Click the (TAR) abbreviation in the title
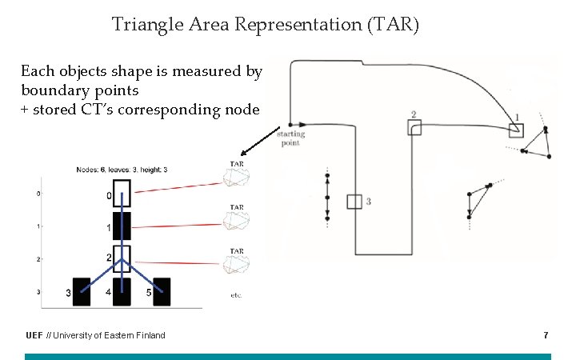point(392,26)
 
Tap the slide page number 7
point(546,334)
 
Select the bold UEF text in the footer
point(34,335)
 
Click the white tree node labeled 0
point(122,193)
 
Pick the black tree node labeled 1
point(122,226)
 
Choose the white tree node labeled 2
point(122,258)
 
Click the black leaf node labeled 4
point(122,291)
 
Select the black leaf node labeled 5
point(162,291)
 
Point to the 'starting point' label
point(290,138)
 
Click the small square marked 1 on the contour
point(515,128)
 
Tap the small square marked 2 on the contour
point(414,127)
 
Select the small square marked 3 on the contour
point(354,202)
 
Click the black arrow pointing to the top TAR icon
point(259,142)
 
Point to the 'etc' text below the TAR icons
point(235,295)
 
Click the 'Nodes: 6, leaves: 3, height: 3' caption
point(122,170)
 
